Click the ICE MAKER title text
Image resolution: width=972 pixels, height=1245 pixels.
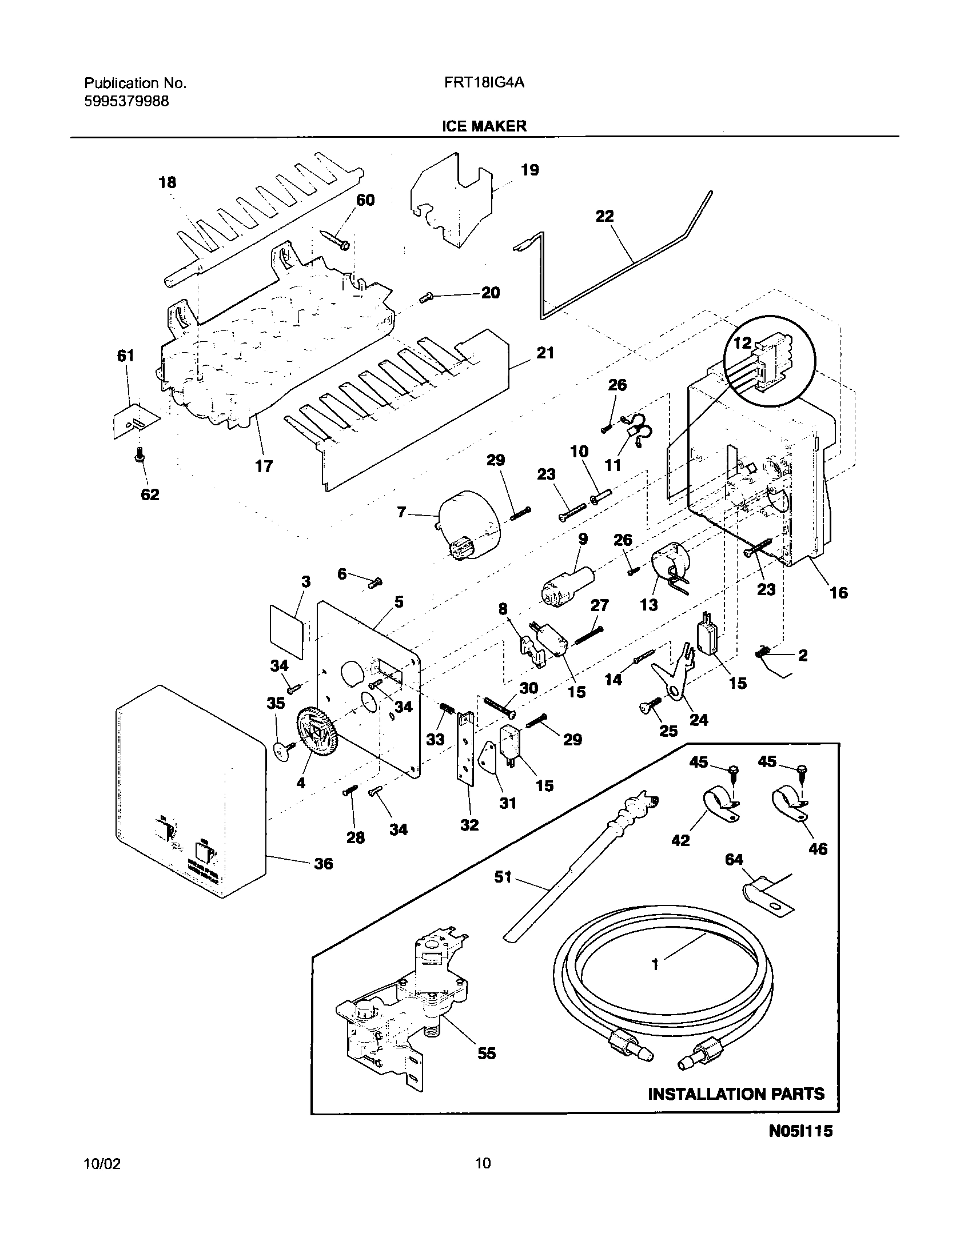point(484,126)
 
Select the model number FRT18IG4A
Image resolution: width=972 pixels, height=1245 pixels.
point(484,83)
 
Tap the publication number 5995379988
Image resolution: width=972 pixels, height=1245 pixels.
point(126,102)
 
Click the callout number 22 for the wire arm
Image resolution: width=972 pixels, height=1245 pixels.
point(604,216)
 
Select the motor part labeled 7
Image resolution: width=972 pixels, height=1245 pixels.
point(468,524)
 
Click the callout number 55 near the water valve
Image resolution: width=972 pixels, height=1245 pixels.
point(487,1054)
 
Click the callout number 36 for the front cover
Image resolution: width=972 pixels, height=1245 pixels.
point(323,864)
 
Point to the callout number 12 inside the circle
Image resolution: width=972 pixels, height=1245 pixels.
point(743,344)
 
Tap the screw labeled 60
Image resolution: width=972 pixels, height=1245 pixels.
point(336,239)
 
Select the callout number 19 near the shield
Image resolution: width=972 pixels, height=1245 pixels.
point(530,170)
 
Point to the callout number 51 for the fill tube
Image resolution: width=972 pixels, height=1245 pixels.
point(503,876)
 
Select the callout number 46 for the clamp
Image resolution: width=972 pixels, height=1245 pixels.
point(818,848)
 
